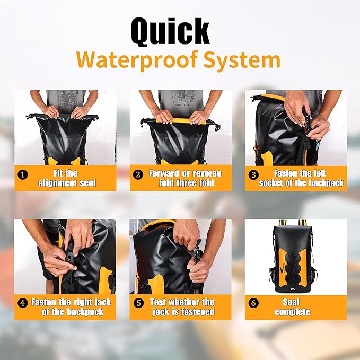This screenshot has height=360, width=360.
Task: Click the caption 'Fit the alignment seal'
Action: pos(67,178)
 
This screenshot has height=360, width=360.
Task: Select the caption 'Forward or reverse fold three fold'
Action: pos(185,178)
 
